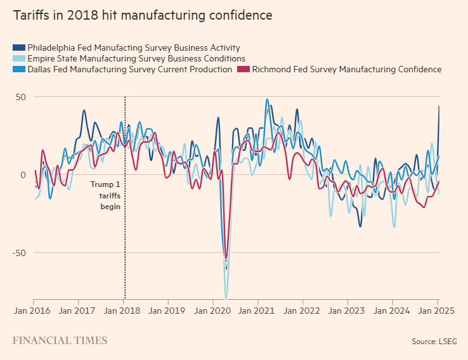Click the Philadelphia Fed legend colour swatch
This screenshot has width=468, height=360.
click(19, 48)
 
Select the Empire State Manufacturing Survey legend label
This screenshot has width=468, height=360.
click(136, 58)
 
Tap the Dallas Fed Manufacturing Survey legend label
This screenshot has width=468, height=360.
click(130, 70)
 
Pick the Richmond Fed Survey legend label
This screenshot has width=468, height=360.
click(346, 70)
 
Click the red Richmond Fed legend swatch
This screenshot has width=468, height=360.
click(243, 70)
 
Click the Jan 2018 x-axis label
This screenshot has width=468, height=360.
click(124, 311)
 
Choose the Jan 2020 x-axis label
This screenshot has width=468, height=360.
click(213, 311)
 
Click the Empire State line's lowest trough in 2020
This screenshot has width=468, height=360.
click(226, 297)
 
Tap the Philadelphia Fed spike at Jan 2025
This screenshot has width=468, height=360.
click(438, 107)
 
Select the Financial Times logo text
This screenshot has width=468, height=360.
click(60, 341)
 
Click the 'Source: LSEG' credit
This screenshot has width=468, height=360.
click(434, 342)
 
